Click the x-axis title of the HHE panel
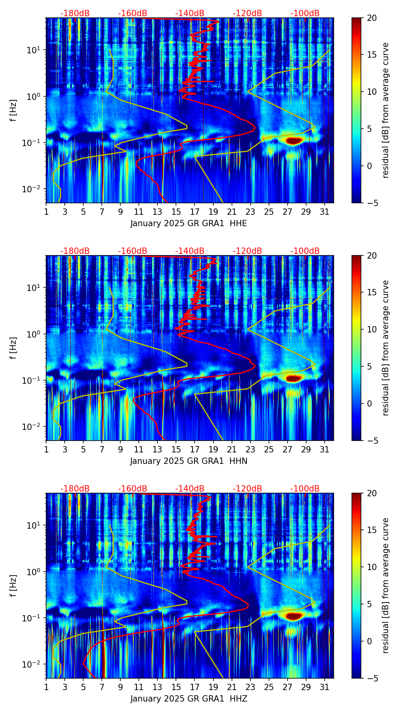189,223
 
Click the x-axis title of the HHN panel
189,461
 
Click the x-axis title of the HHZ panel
189,699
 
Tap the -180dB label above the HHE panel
75,13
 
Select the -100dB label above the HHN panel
305,251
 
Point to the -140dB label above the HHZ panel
190,489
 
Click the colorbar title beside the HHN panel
385,348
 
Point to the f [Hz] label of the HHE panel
14,111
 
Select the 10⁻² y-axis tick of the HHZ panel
32,664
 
